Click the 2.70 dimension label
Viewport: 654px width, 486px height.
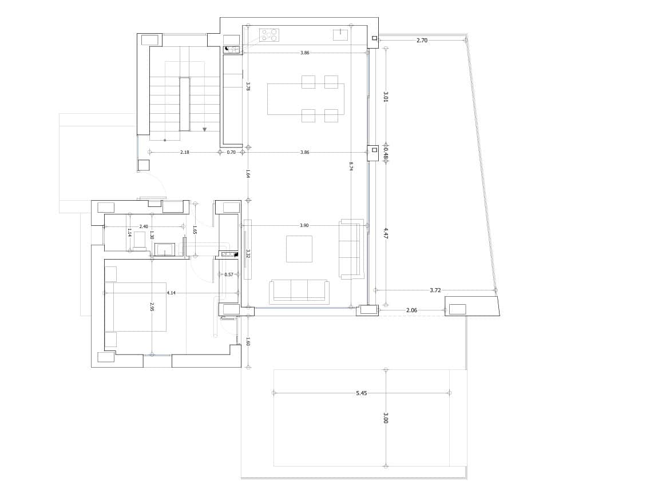[x=422, y=41]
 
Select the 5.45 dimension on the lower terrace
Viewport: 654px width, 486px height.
[x=361, y=393]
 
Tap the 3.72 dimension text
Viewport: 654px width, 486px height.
[x=435, y=290]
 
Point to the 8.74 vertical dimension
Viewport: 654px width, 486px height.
[x=351, y=166]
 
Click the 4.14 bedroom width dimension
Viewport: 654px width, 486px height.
[x=171, y=293]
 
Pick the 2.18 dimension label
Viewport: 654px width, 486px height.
[x=184, y=152]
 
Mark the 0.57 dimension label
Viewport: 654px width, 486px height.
[x=229, y=274]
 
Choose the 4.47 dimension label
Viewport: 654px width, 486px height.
[x=386, y=233]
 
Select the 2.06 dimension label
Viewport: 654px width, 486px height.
[x=411, y=310]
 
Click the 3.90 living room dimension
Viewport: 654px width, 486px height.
[x=304, y=225]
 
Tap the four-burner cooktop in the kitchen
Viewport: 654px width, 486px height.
[x=269, y=35]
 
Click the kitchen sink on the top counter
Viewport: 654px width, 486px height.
[x=340, y=35]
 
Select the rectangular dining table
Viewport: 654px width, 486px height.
[x=306, y=99]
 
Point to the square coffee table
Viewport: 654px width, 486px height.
[x=299, y=249]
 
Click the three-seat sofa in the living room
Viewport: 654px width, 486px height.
[x=299, y=291]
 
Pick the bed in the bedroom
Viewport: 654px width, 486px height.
[x=136, y=306]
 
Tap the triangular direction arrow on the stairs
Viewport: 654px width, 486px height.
[x=204, y=130]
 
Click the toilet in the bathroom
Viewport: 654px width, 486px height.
[x=140, y=240]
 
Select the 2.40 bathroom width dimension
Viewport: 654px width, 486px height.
[x=144, y=226]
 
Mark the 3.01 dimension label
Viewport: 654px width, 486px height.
[x=386, y=97]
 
